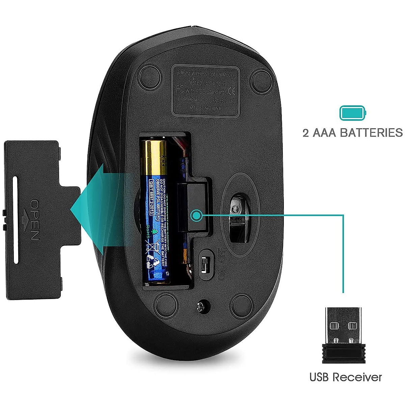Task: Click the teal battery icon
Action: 353,113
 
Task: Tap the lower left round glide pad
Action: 165,302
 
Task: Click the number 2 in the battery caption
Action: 306,133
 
